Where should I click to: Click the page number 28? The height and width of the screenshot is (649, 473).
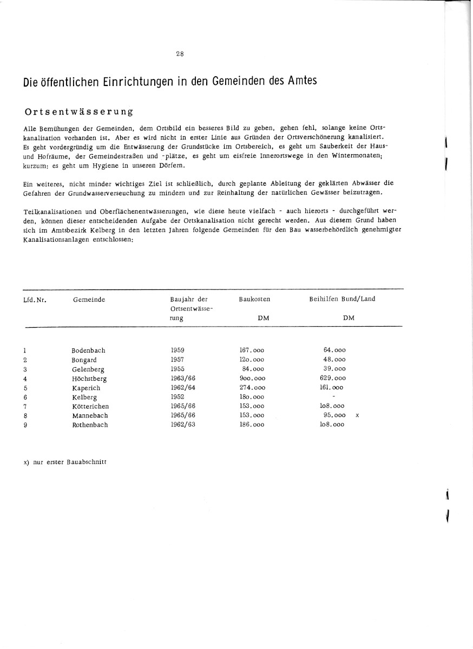point(180,53)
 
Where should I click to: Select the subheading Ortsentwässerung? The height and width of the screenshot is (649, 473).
point(79,112)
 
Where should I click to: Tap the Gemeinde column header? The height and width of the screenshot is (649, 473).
point(89,299)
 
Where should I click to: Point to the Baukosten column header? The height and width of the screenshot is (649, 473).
point(254,299)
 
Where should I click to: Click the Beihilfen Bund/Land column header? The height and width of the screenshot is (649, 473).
point(341,299)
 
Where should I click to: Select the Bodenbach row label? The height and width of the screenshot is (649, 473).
point(88,350)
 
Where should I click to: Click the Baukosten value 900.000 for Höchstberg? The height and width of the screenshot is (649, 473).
point(252,379)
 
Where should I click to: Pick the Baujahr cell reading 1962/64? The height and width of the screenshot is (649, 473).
point(183,388)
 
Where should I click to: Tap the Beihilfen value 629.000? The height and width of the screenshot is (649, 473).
point(333,379)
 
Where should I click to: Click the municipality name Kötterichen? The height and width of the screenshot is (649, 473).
point(90,406)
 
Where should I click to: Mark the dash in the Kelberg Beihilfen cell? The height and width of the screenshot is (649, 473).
point(333,396)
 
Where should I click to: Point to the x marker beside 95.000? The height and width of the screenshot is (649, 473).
point(358,415)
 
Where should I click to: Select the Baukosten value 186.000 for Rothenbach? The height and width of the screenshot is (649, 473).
point(252,425)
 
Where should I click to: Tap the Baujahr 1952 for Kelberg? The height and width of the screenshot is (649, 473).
point(178,397)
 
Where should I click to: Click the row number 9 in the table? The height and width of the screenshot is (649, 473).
point(25,425)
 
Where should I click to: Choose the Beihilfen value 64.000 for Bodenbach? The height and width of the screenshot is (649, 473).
point(334,350)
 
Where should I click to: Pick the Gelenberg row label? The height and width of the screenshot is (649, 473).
point(88,369)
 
